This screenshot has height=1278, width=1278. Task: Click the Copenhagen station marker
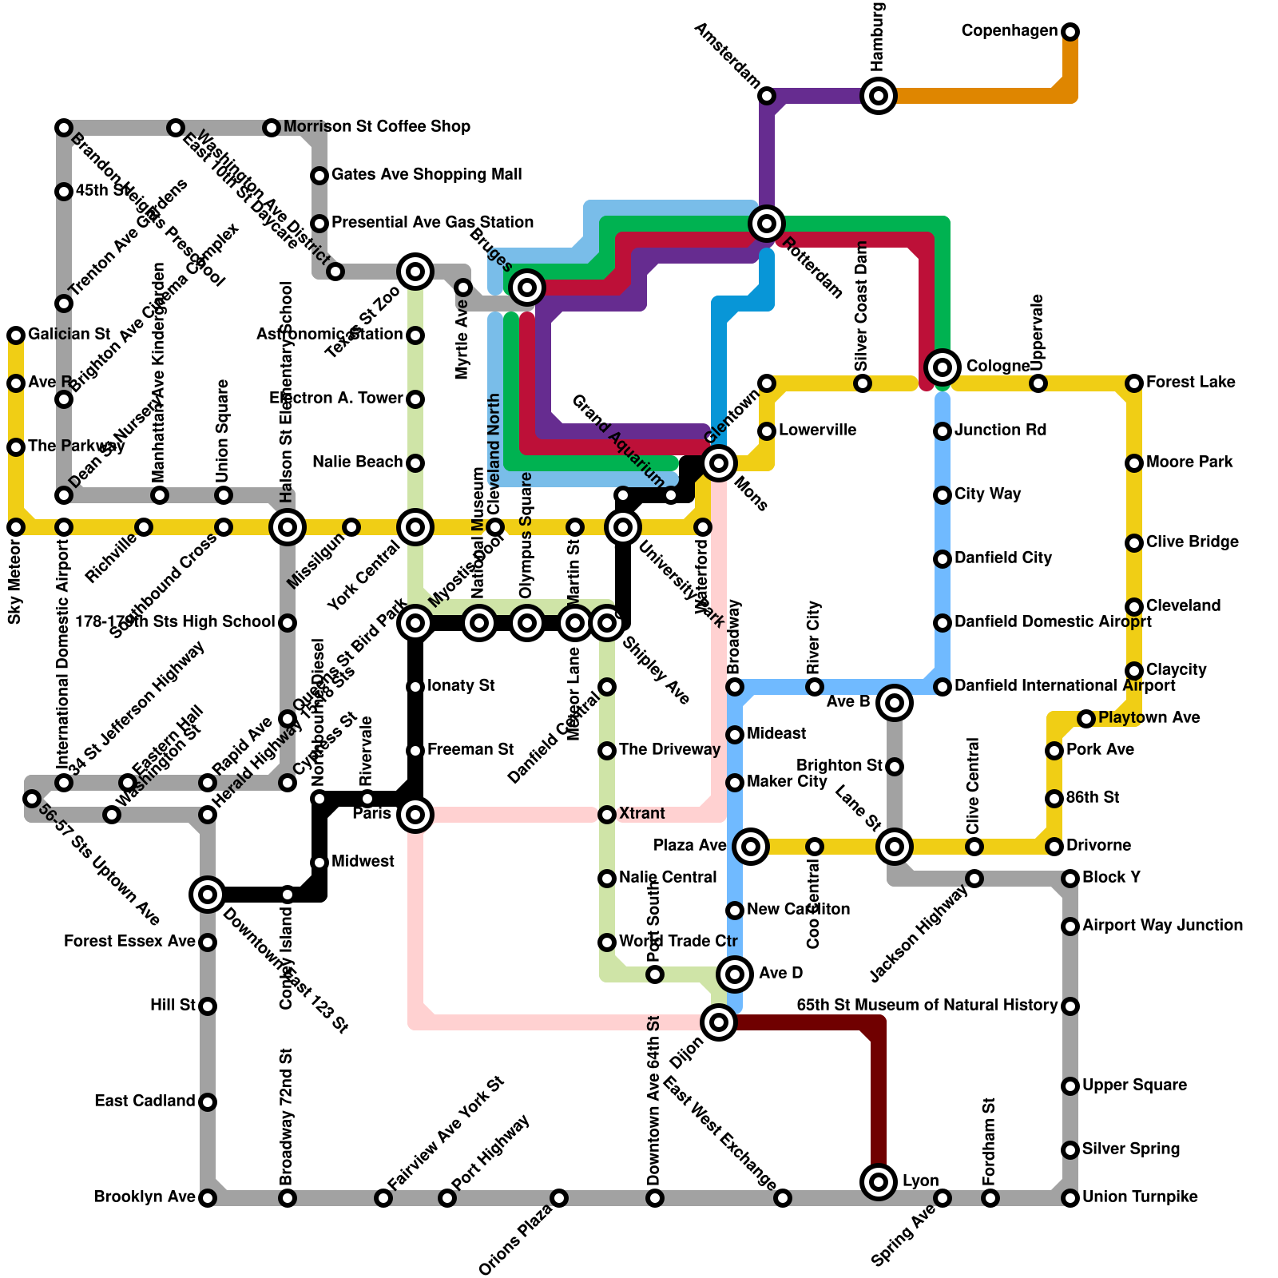pos(1070,32)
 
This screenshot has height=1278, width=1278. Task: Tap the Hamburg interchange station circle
pos(879,97)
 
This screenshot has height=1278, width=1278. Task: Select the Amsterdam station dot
pos(767,97)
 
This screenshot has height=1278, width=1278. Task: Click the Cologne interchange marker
pos(943,367)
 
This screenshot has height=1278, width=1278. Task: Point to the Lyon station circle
pos(879,1181)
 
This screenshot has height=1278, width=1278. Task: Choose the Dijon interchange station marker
pos(719,1022)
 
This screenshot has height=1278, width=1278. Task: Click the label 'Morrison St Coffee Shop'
pos(376,127)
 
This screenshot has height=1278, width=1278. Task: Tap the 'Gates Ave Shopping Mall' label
pos(427,175)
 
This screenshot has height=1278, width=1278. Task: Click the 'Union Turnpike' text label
pos(1140,1197)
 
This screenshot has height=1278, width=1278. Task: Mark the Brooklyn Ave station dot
pos(208,1198)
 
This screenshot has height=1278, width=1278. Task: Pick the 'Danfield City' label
pos(1003,558)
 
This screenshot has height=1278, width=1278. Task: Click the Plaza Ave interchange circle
pos(751,847)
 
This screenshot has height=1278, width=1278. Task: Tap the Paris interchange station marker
pos(415,815)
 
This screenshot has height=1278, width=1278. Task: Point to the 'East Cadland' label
pos(145,1101)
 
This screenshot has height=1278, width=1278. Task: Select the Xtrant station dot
pos(607,815)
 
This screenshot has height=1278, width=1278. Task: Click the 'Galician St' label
pos(69,335)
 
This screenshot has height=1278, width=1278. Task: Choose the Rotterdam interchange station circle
pos(767,224)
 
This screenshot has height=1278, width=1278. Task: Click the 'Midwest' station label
pos(363,862)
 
